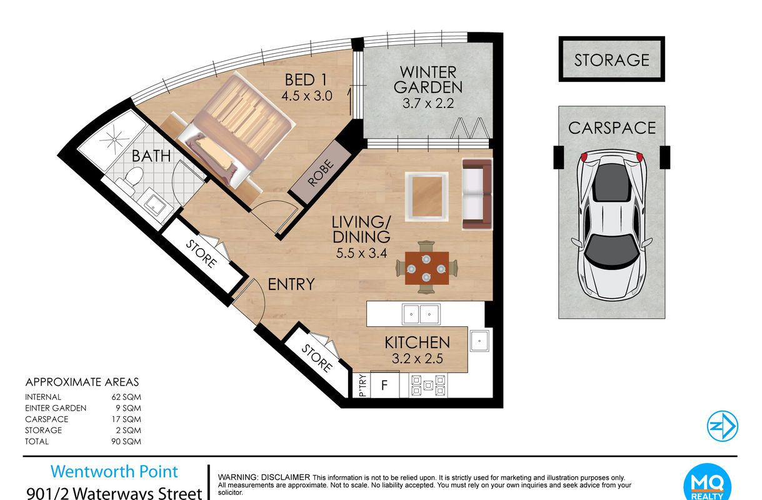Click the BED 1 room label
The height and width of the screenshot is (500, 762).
pyautogui.click(x=306, y=80)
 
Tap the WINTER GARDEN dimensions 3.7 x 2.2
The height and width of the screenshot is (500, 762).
pyautogui.click(x=428, y=103)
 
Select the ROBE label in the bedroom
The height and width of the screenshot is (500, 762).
pyautogui.click(x=321, y=172)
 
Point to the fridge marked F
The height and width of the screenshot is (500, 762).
pyautogui.click(x=384, y=385)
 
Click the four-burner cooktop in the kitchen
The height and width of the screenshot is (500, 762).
pyautogui.click(x=428, y=385)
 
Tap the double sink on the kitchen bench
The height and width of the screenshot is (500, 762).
pyautogui.click(x=421, y=314)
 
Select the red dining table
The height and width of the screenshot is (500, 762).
pyautogui.click(x=427, y=268)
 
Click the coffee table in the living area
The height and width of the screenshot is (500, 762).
pyautogui.click(x=427, y=197)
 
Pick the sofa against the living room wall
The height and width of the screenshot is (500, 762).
pyautogui.click(x=478, y=194)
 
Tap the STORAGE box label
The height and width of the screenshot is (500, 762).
pyautogui.click(x=611, y=60)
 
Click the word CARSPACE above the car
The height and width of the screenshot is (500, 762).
pyautogui.click(x=611, y=128)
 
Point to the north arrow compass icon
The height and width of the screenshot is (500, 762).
pyautogui.click(x=722, y=426)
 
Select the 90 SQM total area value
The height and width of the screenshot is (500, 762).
pyautogui.click(x=126, y=441)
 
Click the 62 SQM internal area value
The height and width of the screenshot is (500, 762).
pyautogui.click(x=126, y=397)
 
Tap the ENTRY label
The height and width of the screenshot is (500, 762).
pyautogui.click(x=291, y=284)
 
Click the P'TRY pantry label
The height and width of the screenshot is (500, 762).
pyautogui.click(x=363, y=386)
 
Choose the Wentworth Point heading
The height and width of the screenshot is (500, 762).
pyautogui.click(x=114, y=471)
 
